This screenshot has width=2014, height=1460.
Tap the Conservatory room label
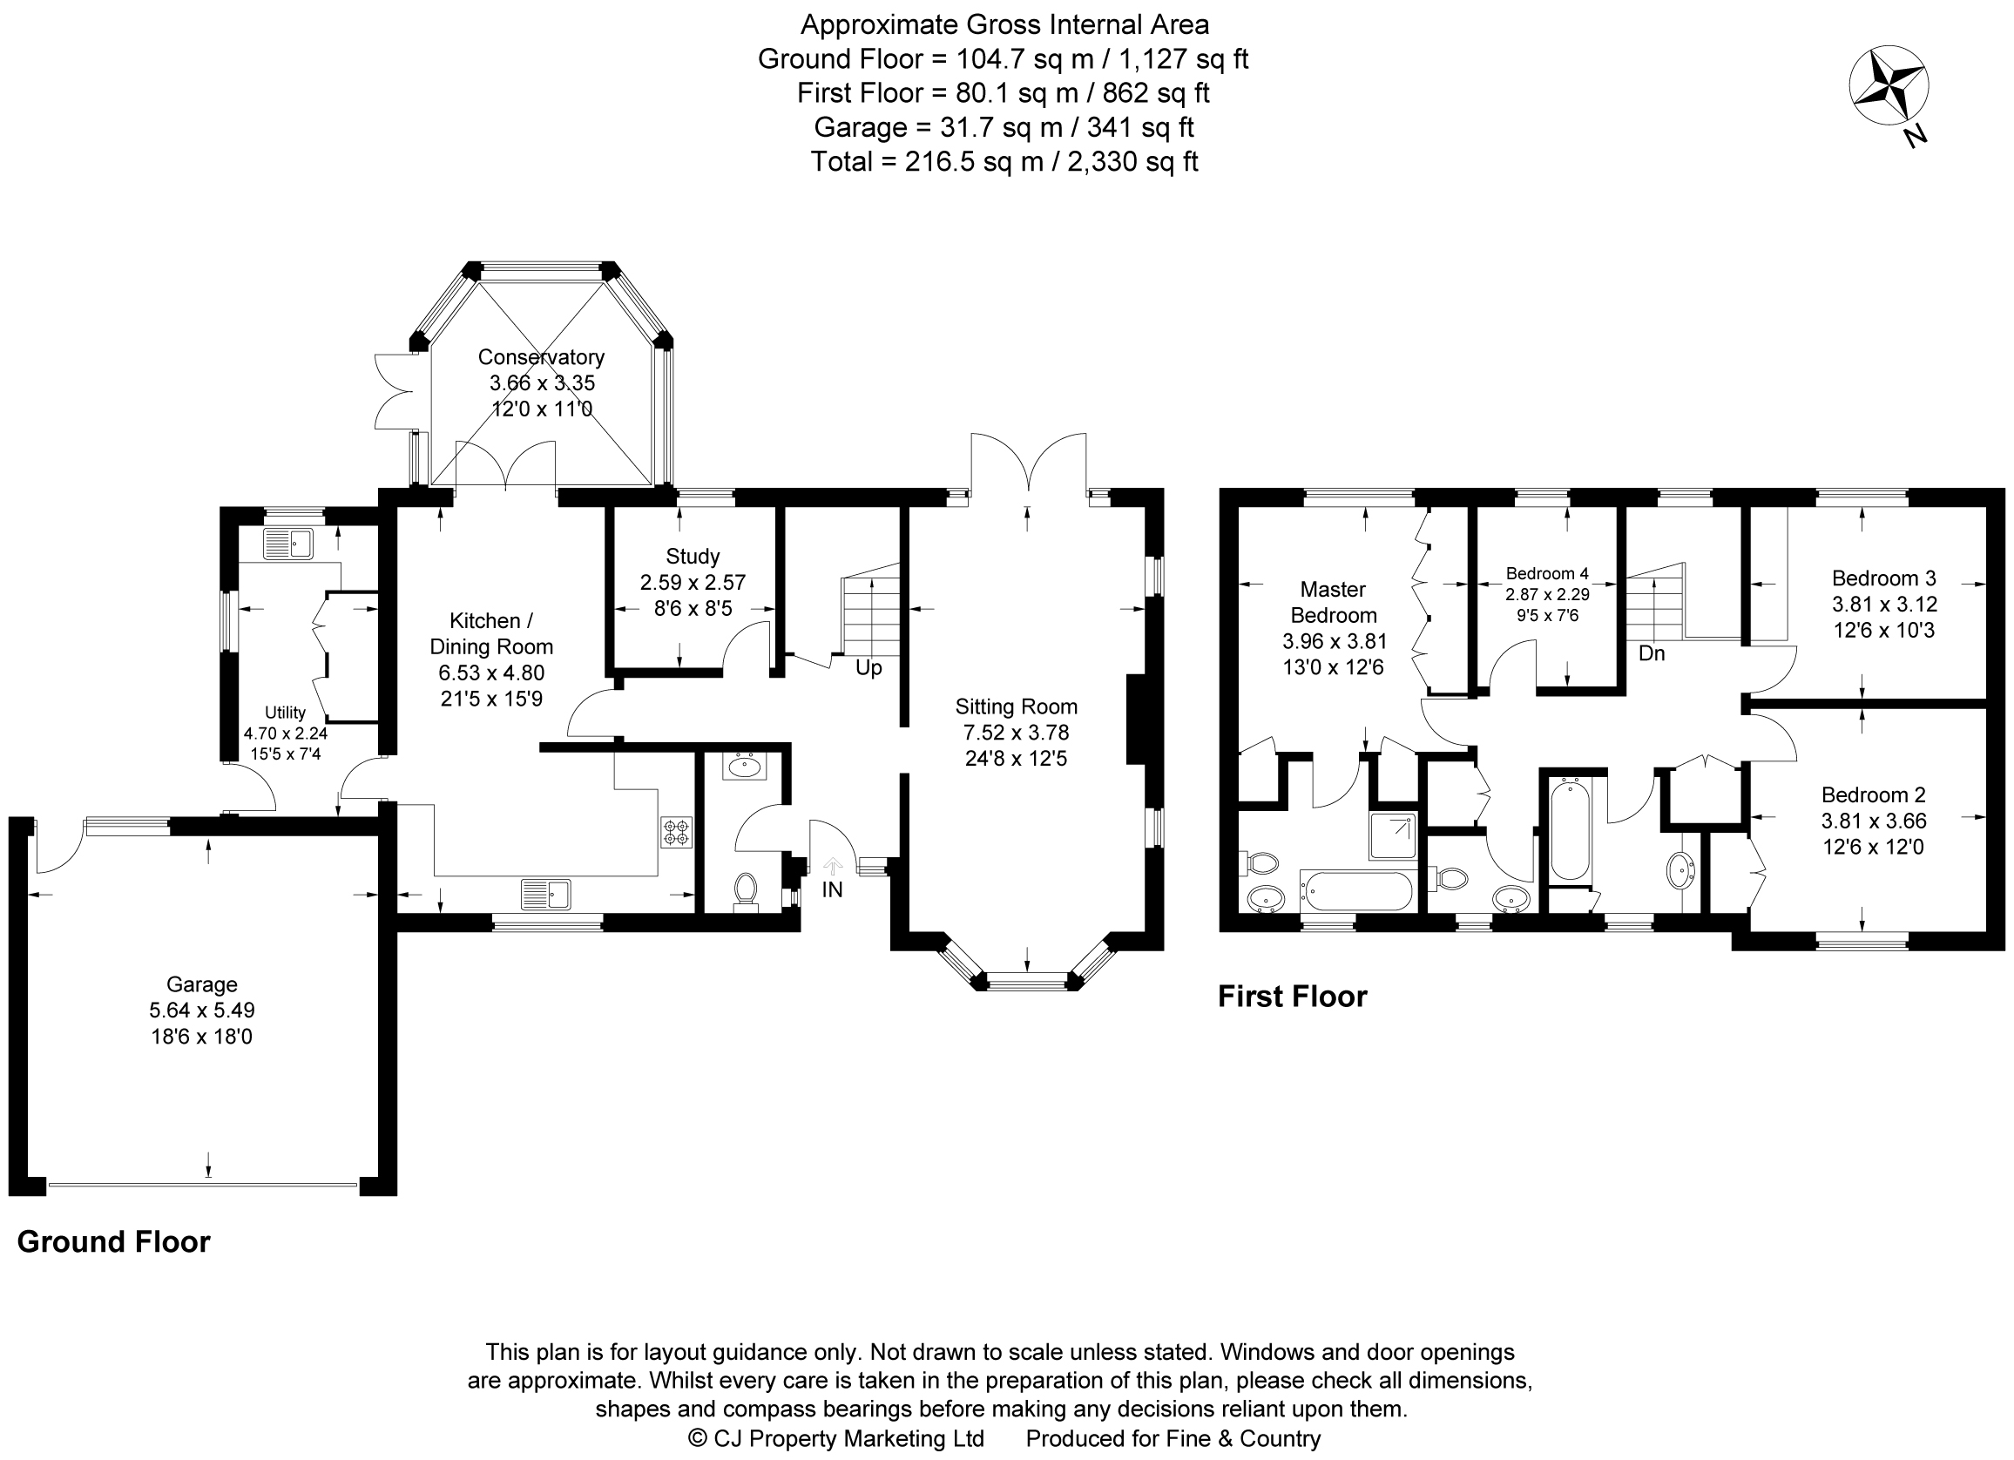[x=541, y=357]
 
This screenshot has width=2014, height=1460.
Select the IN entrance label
[x=832, y=889]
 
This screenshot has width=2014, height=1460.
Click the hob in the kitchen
[x=676, y=832]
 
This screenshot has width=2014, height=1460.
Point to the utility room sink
[x=288, y=544]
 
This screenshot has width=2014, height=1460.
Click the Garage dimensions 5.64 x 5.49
[x=201, y=1010]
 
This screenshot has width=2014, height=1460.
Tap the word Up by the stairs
[x=868, y=668]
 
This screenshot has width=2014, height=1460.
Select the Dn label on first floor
[x=1651, y=653]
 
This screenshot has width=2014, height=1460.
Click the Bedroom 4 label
[x=1547, y=574]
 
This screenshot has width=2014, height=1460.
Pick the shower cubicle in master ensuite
[x=1392, y=835]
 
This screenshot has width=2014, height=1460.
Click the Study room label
[x=693, y=557]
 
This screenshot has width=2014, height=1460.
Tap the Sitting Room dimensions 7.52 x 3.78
[x=1016, y=733]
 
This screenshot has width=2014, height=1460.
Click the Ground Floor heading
[x=113, y=1241]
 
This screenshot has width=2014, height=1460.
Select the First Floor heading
[x=1292, y=997]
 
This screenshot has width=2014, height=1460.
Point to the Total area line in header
[x=1004, y=162]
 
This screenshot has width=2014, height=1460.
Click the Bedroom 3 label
[x=1883, y=578]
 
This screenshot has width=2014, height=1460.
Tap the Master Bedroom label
[x=1333, y=602]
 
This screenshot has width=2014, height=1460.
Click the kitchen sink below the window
[x=546, y=894]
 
